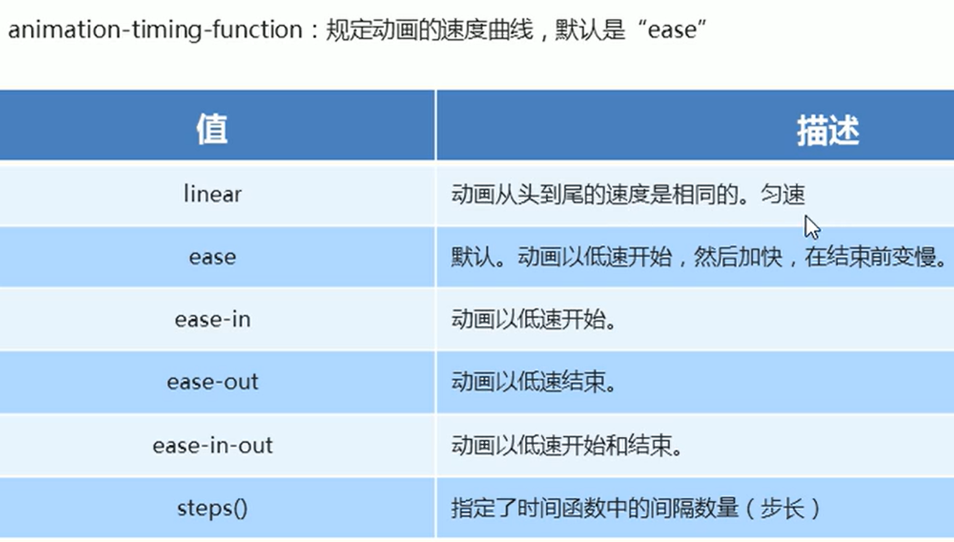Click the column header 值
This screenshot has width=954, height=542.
(212, 129)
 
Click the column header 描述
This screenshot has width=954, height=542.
(827, 131)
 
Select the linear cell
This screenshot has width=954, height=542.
(212, 195)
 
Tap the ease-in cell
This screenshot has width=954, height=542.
(212, 320)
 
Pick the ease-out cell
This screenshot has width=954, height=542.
(212, 382)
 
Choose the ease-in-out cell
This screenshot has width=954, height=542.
(212, 445)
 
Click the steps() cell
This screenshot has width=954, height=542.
(212, 508)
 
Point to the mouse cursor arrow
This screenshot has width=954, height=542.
(811, 226)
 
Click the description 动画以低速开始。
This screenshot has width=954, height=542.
(534, 320)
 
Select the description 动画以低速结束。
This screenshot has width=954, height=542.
(534, 382)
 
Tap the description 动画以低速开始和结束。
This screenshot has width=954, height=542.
(567, 445)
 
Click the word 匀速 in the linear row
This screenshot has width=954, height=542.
(783, 195)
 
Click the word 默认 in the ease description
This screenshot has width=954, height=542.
(473, 257)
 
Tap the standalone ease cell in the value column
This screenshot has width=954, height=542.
(212, 257)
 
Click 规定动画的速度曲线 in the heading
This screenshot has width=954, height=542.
(429, 30)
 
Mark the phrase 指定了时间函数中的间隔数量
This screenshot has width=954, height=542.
(594, 508)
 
